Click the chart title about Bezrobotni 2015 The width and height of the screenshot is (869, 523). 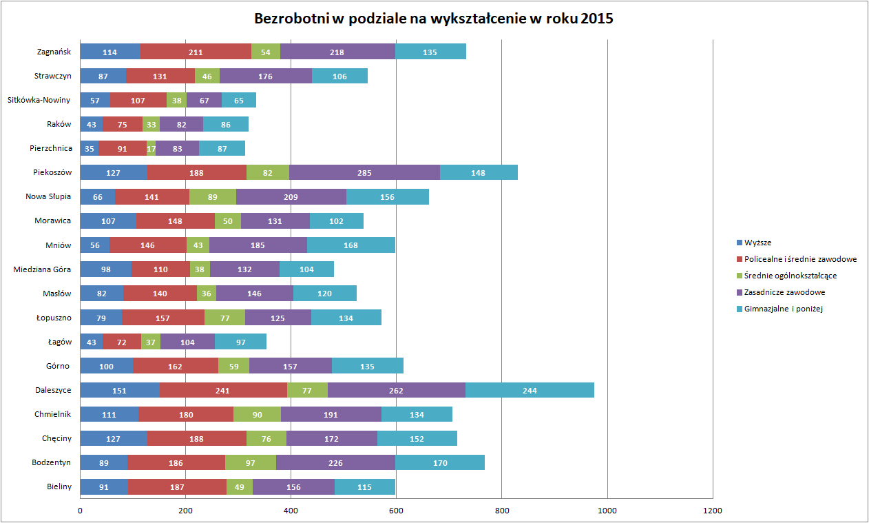pos(434,19)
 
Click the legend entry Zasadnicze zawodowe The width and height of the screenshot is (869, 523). pos(784,292)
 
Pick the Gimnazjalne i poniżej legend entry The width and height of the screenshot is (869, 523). pos(784,309)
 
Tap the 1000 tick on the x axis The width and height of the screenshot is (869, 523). pos(607,511)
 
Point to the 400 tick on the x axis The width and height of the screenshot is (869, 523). pos(291,511)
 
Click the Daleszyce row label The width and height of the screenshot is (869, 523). pos(53,390)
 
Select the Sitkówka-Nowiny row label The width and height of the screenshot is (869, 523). pos(39,100)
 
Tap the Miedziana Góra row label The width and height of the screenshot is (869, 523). pos(42,269)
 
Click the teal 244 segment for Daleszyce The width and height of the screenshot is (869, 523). pos(530,390)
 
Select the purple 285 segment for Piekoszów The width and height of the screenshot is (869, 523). pos(364,172)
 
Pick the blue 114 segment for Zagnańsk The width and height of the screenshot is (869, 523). pos(109,52)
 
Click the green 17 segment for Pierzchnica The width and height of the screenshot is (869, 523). pos(151,148)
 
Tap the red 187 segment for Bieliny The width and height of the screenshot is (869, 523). pos(176,486)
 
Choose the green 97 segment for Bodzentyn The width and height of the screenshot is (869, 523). pos(250,462)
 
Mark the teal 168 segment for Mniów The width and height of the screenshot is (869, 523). pos(351,245)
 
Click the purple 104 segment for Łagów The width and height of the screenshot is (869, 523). pos(187,342)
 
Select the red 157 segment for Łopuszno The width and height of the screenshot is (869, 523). pos(163,318)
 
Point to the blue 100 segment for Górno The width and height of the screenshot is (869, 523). pos(106,366)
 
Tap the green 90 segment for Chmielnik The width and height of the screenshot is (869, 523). pos(257,414)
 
